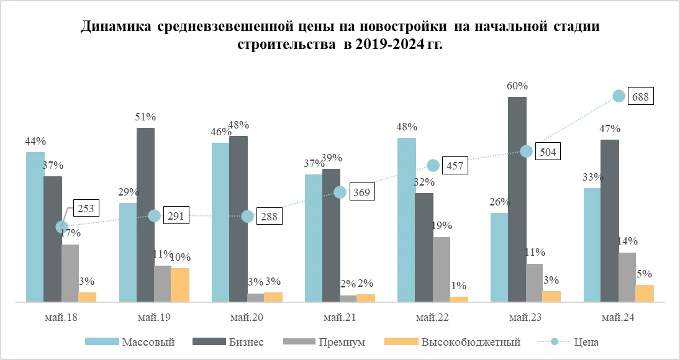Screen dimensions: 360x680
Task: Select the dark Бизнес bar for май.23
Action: (517, 199)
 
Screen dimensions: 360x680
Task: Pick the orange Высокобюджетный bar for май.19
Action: (180, 285)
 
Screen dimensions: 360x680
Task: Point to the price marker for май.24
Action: (619, 96)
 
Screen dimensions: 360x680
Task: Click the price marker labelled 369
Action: (340, 192)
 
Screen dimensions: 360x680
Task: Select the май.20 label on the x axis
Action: (247, 318)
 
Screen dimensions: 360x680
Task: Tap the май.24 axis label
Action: (619, 318)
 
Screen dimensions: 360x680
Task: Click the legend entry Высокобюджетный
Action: (471, 342)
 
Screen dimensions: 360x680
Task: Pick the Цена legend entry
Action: (586, 342)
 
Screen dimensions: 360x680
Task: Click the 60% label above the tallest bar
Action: (517, 86)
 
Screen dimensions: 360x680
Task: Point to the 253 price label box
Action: (85, 209)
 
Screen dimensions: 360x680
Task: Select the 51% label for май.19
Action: (146, 117)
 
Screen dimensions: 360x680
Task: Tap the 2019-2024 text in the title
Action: (384, 45)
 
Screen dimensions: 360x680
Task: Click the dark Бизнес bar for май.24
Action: (610, 221)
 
